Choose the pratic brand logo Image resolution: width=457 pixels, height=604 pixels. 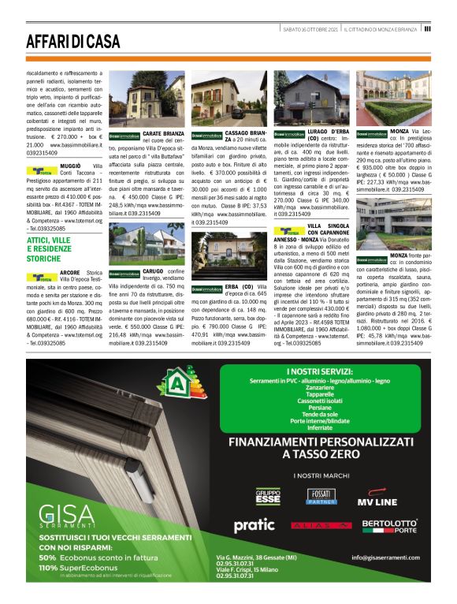[x=254, y=524]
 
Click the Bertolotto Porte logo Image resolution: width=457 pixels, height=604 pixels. [x=389, y=526]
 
